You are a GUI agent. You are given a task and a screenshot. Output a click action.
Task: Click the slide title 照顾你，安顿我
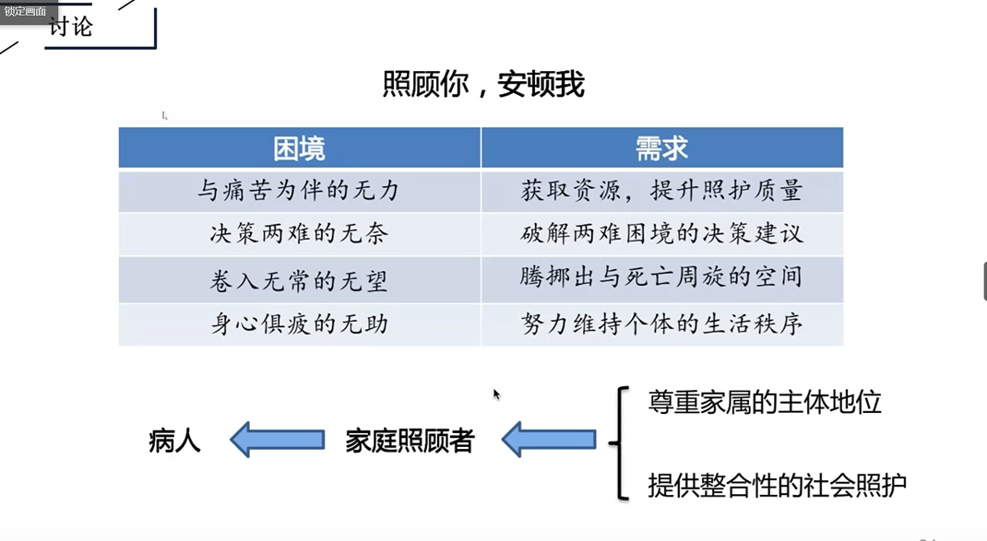tap(483, 85)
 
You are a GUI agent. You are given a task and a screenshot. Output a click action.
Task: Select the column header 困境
tap(299, 148)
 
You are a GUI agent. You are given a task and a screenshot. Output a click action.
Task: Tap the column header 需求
tap(661, 148)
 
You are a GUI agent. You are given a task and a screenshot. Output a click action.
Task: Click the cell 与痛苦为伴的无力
tap(299, 191)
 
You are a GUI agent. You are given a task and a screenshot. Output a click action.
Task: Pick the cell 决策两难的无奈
tap(299, 234)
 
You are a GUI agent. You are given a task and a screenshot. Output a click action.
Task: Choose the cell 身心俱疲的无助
tap(299, 324)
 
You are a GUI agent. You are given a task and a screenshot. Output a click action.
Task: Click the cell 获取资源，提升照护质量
tap(661, 191)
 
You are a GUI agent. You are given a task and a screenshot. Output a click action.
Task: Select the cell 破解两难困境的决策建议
tap(661, 234)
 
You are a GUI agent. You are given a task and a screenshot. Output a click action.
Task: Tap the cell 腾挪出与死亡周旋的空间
tap(661, 276)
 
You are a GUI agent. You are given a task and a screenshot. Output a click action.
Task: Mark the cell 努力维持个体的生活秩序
tap(661, 324)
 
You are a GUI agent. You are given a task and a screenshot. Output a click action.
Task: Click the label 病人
tap(174, 441)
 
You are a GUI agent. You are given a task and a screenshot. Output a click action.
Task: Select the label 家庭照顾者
tap(410, 441)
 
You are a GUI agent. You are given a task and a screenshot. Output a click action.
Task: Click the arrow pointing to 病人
tap(277, 440)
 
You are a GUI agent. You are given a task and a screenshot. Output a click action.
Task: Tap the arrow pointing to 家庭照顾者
tap(549, 440)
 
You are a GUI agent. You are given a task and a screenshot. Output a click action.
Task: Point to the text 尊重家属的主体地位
tap(765, 402)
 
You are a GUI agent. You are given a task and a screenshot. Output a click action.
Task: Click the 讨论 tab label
tap(71, 27)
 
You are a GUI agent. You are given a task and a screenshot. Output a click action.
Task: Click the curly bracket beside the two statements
tap(620, 442)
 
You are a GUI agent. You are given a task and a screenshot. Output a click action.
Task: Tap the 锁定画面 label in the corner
tap(25, 10)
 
